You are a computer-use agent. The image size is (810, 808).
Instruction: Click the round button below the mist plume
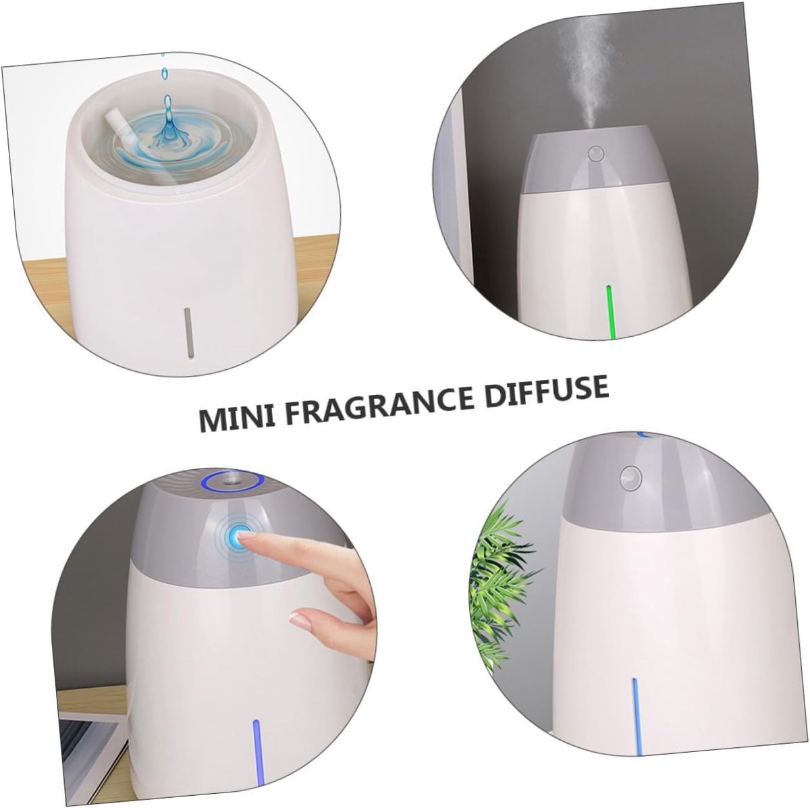(x=595, y=153)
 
